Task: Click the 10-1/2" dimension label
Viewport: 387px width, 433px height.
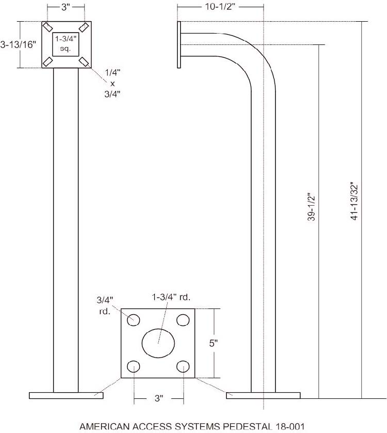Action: pyautogui.click(x=221, y=7)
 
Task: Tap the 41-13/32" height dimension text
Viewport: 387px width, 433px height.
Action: pyautogui.click(x=354, y=202)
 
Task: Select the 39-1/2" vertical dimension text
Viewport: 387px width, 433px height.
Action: pyautogui.click(x=311, y=208)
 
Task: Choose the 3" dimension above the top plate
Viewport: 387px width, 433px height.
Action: pyautogui.click(x=66, y=7)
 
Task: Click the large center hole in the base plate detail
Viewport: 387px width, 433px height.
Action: pyautogui.click(x=158, y=343)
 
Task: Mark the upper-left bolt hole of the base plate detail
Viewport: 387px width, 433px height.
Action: pyautogui.click(x=134, y=319)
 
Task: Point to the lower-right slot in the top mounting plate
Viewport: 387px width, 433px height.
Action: pyautogui.click(x=84, y=61)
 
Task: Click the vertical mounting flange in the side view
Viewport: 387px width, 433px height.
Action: pyautogui.click(x=179, y=44)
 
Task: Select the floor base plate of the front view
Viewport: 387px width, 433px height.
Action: pyautogui.click(x=66, y=395)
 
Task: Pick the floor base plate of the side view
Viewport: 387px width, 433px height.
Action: pyautogui.click(x=263, y=395)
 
